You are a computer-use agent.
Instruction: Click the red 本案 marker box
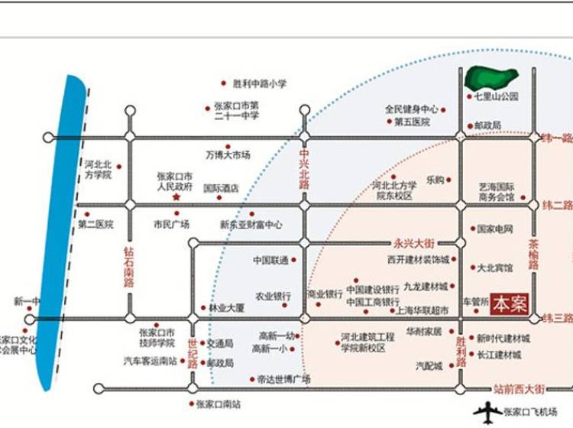[510, 303]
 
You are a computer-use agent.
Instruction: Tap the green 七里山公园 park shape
[493, 77]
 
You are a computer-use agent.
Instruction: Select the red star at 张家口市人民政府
[176, 197]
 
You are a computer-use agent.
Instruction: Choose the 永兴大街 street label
[413, 244]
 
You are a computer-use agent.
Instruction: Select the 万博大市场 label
[228, 155]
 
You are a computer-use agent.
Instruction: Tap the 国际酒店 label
[221, 187]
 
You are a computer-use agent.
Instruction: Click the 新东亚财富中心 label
[251, 225]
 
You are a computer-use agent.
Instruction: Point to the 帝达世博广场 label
[284, 378]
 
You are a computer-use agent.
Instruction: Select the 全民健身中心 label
[411, 109]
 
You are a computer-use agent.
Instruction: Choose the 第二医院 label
[95, 225]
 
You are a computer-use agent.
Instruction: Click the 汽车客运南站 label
[151, 360]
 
